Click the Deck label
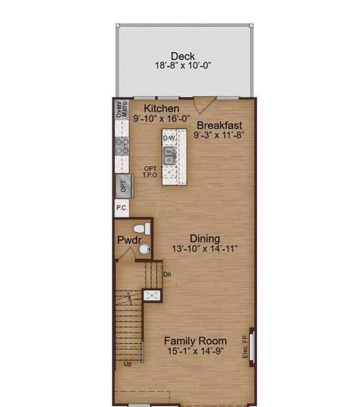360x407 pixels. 182,56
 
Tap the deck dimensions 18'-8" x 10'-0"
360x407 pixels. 182,66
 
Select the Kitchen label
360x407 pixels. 161,109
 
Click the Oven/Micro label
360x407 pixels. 121,111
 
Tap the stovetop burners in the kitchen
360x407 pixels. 122,145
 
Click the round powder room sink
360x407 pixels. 144,250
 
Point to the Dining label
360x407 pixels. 205,238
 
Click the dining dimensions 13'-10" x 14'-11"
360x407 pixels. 205,249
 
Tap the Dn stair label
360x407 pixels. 167,274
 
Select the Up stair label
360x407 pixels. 127,364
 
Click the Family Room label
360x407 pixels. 195,341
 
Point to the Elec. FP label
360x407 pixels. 245,347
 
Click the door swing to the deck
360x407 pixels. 201,105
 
